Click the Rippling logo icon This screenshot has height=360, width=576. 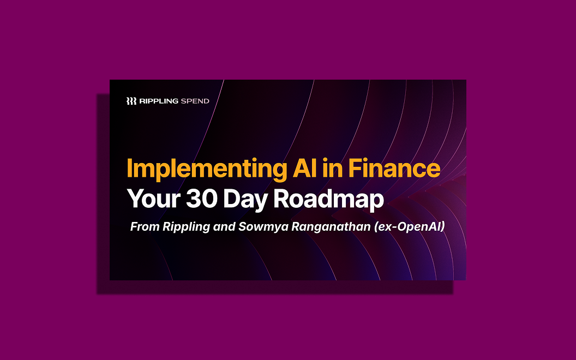coord(131,101)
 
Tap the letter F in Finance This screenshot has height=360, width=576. coord(355,169)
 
